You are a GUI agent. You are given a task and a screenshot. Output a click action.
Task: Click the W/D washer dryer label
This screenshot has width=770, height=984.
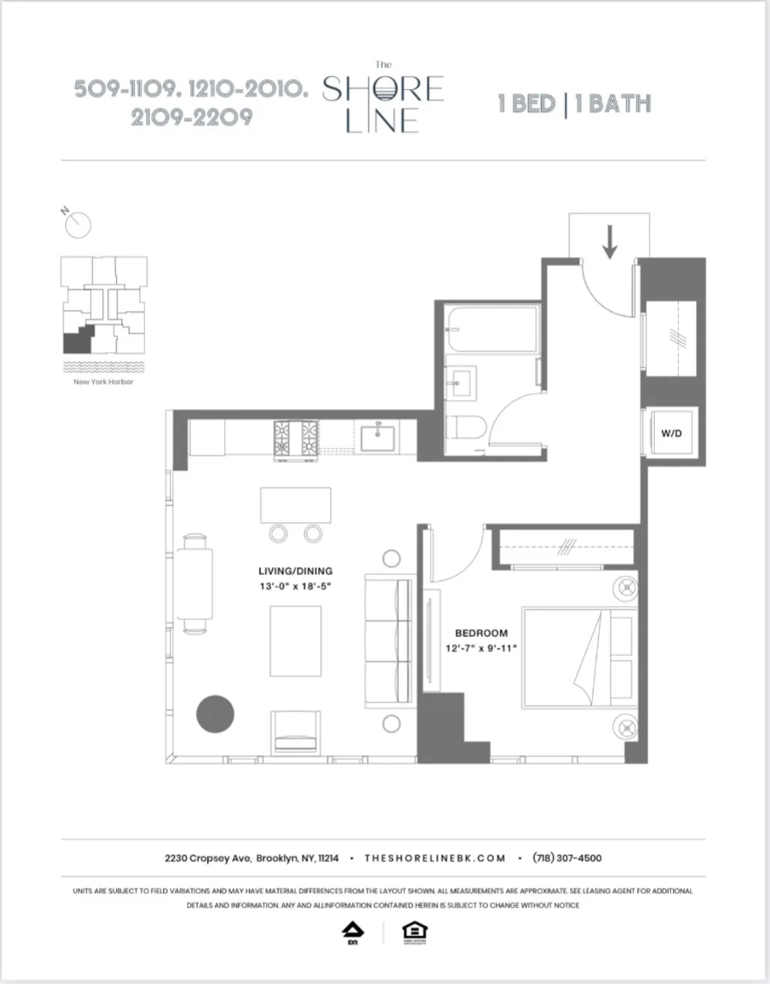coord(671,434)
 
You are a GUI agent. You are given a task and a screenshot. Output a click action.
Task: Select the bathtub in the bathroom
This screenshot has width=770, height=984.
coord(492,330)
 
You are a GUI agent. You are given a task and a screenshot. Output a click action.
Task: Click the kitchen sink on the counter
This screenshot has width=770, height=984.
coord(378,438)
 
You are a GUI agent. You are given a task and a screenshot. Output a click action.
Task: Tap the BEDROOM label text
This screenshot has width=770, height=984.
coord(481,633)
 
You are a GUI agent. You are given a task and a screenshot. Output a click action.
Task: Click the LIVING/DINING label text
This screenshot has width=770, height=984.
coord(296,572)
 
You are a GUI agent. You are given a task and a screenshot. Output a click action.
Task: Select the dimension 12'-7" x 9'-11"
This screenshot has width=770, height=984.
coord(481,648)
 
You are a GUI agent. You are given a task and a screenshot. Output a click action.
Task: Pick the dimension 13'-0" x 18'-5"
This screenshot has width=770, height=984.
coord(296,587)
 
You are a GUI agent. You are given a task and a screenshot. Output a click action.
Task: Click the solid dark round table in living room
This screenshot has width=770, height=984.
coord(216,714)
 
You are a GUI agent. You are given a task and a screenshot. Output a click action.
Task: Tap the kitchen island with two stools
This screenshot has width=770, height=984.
coord(296,506)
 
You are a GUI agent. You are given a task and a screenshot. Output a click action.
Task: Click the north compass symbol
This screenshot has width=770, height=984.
coord(77,224)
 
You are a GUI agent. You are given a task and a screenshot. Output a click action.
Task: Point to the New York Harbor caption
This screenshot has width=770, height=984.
coord(104,382)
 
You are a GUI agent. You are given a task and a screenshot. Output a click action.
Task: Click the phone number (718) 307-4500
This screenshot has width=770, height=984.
coord(567,858)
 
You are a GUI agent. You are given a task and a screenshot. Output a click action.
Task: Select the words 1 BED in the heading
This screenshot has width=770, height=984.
coord(527,104)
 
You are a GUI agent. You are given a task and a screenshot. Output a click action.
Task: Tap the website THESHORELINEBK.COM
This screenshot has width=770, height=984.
coord(434,858)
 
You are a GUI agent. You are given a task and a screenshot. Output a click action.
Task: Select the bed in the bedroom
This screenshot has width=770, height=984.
coord(580,658)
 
